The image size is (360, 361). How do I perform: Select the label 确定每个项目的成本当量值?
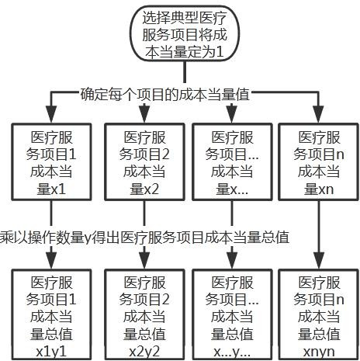coord(164,95)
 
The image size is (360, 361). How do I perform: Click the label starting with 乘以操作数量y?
coord(144,238)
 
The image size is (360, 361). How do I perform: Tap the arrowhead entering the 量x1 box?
coord(51,114)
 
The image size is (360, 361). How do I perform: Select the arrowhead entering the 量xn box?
coord(319,114)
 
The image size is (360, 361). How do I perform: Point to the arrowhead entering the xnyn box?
coord(319,260)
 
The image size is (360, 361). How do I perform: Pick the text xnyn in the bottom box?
coord(319,352)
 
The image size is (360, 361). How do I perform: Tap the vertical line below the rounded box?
coord(185,72)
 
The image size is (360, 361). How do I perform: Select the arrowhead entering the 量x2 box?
coord(144,113)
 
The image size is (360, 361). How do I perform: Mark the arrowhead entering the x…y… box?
coord(232,259)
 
